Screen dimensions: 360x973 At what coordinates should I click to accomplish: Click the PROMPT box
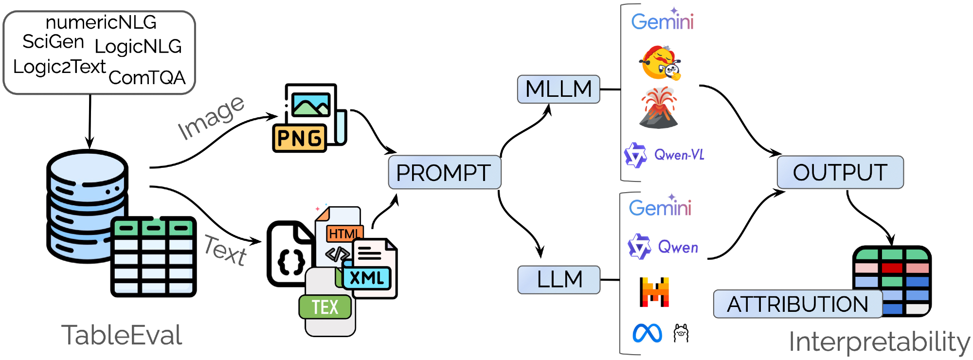coord(444,173)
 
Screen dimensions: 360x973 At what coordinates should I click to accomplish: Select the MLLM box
coord(559,89)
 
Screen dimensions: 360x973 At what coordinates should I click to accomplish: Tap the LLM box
coord(559,280)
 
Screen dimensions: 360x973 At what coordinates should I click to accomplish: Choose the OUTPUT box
coord(840,172)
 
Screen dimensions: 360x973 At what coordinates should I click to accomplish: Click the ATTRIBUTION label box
coord(797,304)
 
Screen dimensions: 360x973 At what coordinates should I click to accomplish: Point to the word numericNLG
coord(101,22)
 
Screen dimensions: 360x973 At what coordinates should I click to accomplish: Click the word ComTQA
coord(147,78)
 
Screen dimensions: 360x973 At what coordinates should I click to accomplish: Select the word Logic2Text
coord(59,67)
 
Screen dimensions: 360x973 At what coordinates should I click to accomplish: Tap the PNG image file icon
coord(309,118)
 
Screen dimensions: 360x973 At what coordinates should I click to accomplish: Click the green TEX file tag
coord(325,307)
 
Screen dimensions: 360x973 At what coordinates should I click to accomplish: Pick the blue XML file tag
coord(367,278)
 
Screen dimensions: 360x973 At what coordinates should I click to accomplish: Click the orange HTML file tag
coord(344,234)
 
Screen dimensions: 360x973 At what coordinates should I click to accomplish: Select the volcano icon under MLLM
coord(659,108)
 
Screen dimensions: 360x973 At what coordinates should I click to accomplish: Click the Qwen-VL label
coord(679,155)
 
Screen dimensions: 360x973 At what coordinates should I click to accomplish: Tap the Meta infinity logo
coord(647,333)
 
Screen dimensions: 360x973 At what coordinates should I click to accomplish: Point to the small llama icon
coord(681,333)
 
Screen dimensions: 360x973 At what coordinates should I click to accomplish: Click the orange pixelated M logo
coord(654,292)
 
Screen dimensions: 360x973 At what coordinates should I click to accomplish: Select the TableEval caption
coord(122,336)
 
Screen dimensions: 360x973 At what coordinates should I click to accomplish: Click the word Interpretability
coord(879,342)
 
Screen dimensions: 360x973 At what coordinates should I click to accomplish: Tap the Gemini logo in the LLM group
coord(660,208)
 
